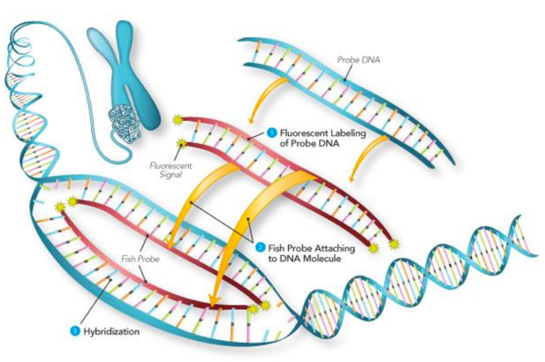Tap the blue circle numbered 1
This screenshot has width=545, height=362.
[271, 133]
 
